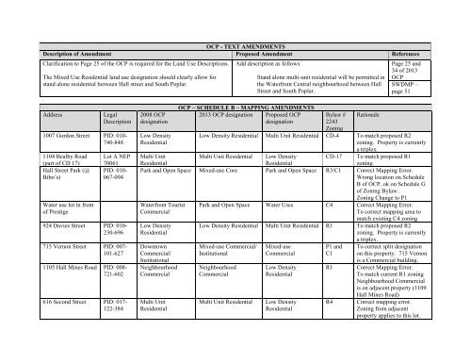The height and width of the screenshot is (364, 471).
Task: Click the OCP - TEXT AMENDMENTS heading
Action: [x=235, y=45]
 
